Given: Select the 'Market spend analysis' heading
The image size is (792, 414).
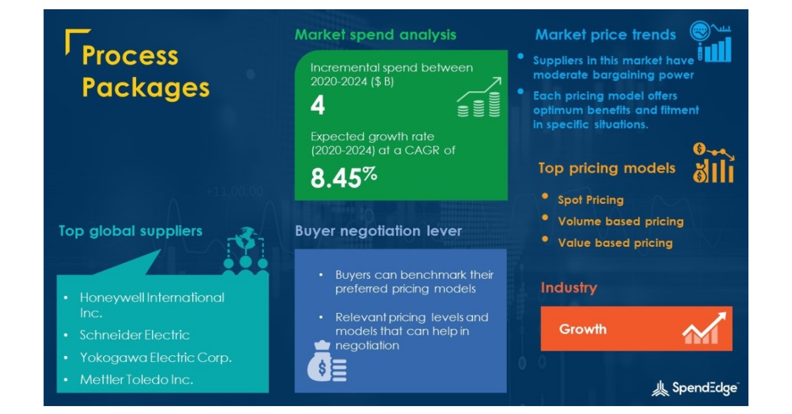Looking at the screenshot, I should point(375,35).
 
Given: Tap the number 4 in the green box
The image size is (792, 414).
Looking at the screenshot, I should point(317,106).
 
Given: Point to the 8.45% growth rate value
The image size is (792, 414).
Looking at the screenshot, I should point(343,178).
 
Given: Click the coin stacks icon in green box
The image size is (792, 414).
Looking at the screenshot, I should point(478,98).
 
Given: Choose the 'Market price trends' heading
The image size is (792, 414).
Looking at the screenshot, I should point(605,35).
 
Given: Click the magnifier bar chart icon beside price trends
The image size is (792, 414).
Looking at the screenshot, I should point(711,42).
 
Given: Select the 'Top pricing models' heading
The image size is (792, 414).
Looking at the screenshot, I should point(607,168).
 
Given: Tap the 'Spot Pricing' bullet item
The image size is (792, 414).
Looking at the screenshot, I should point(590,200).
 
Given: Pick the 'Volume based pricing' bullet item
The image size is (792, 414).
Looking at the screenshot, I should point(620,222).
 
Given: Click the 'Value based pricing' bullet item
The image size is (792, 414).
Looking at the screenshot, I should point(615,243).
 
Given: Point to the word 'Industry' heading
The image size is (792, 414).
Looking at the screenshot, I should point(568,288).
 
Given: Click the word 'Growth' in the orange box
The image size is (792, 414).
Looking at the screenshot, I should point(583,329).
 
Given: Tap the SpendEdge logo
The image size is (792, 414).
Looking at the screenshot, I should point(695,388).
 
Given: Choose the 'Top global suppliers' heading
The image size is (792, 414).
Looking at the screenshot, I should point(130,231).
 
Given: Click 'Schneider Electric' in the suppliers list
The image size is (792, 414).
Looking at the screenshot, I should point(135,335).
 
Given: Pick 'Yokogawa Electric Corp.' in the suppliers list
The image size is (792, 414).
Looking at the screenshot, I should point(156,358).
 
